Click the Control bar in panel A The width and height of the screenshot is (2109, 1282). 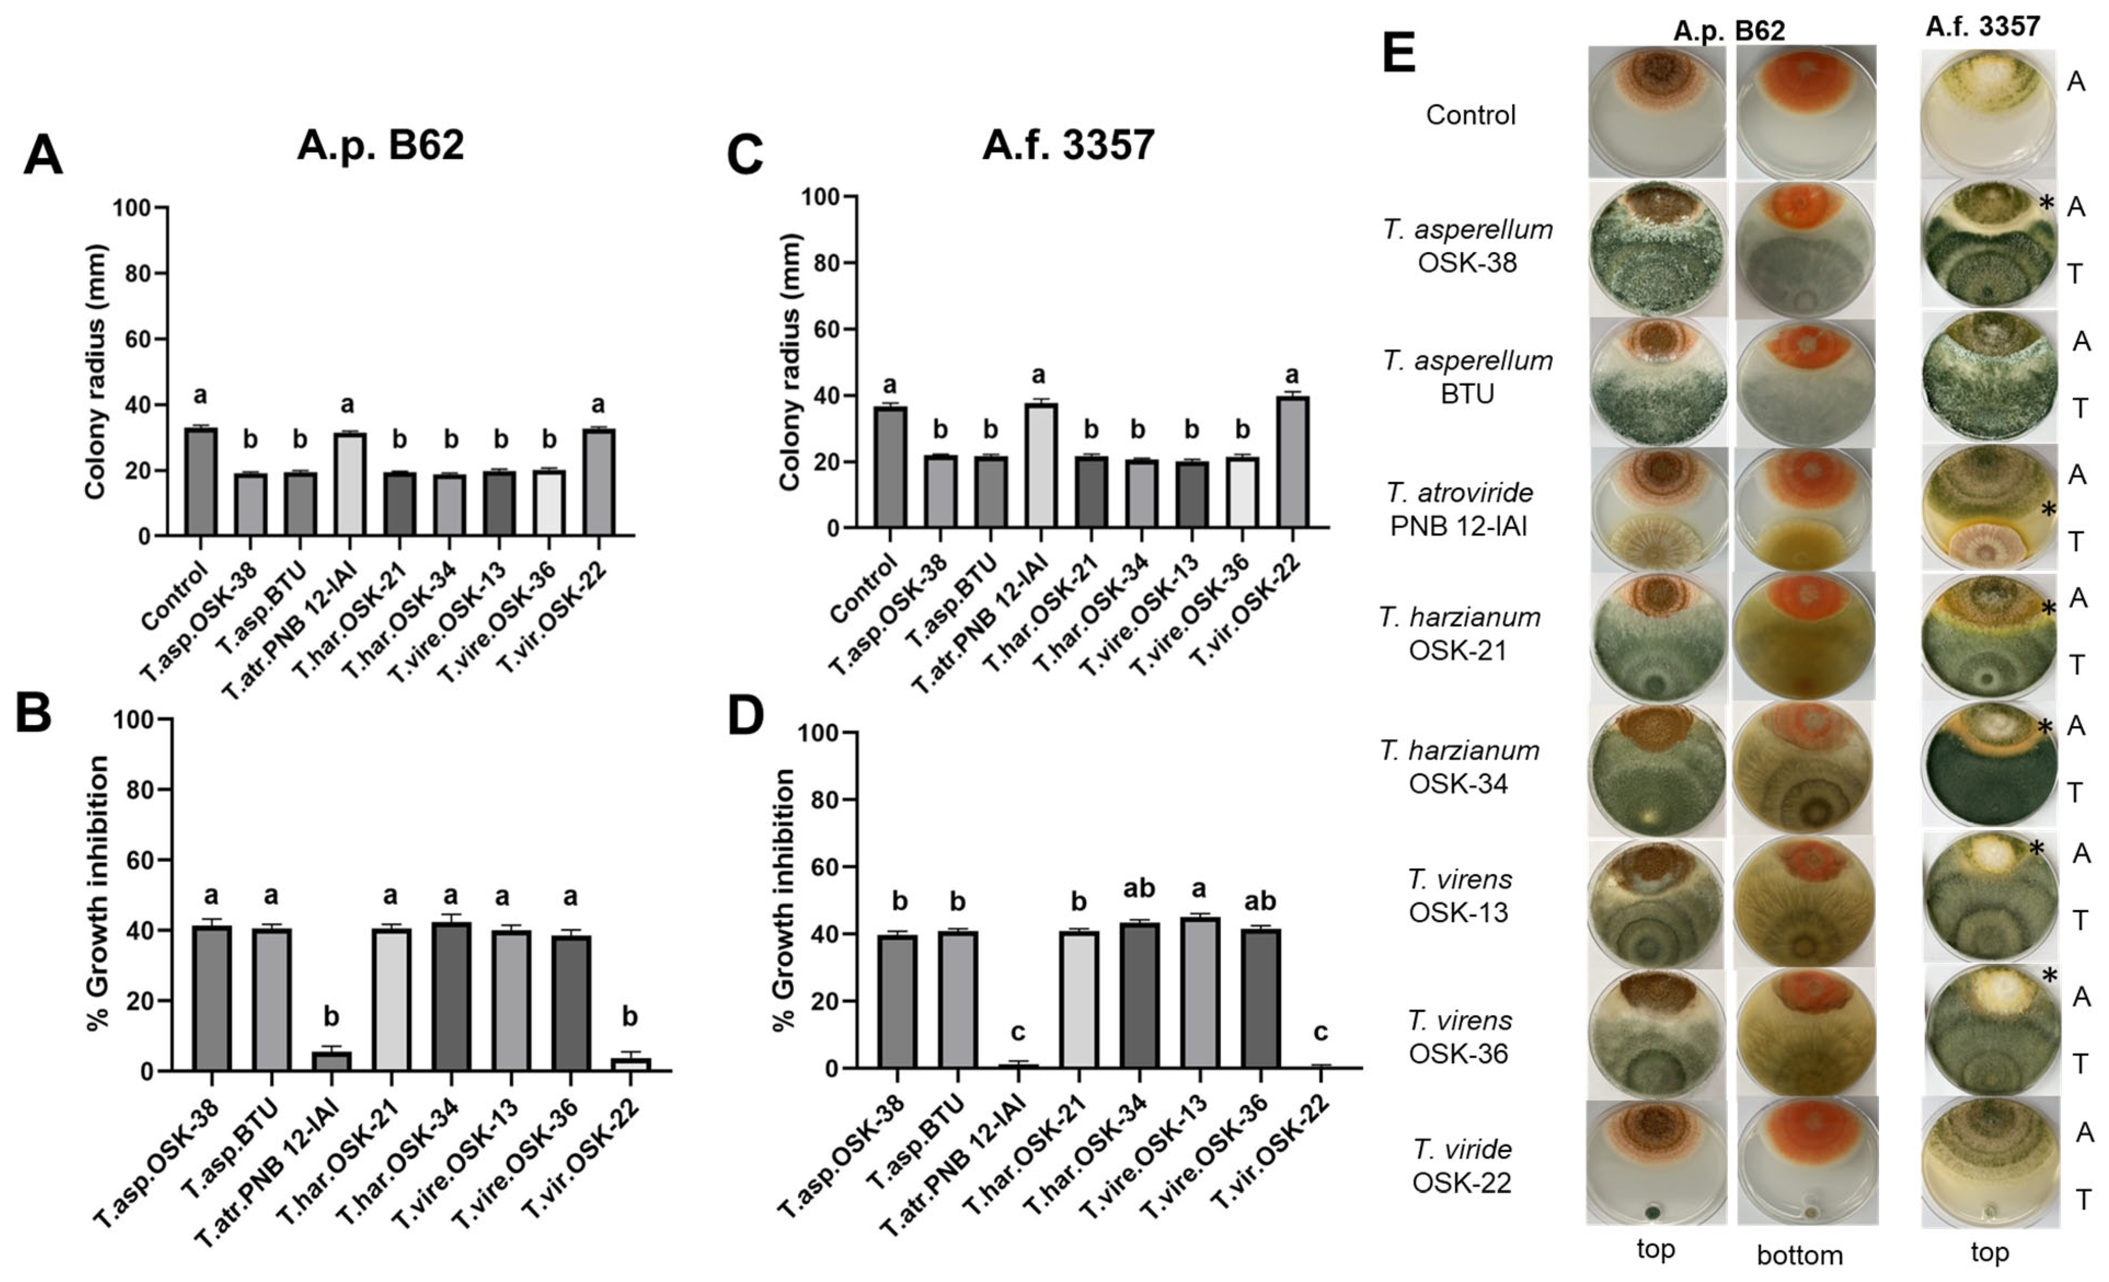pos(201,482)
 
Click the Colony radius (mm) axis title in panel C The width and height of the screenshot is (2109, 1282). pos(789,362)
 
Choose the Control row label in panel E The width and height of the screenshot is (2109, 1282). pos(1470,114)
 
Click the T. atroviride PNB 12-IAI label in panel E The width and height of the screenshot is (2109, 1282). pos(1459,509)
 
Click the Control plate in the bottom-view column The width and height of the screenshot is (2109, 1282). pos(1804,111)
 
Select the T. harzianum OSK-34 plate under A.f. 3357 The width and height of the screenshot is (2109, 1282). pos(1987,767)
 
